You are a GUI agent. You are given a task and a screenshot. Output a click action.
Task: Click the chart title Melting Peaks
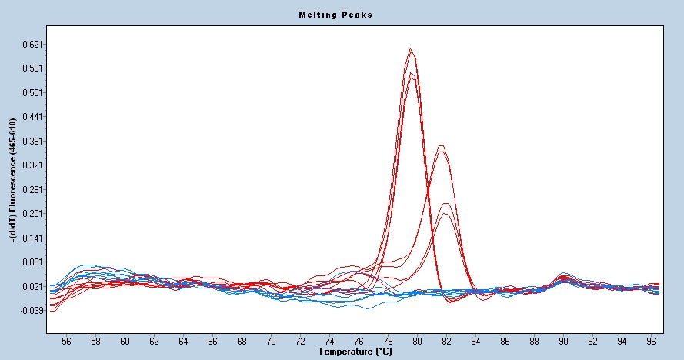(x=335, y=15)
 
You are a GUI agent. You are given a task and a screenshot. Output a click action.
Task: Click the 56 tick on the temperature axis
(x=66, y=339)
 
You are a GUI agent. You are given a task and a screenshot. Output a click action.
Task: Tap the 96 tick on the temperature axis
(x=651, y=339)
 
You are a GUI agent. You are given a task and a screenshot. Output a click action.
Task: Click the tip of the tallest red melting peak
(x=412, y=50)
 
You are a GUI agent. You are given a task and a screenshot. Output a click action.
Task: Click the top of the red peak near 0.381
(x=440, y=145)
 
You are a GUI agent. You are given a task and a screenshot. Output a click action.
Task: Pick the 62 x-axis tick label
(x=154, y=339)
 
